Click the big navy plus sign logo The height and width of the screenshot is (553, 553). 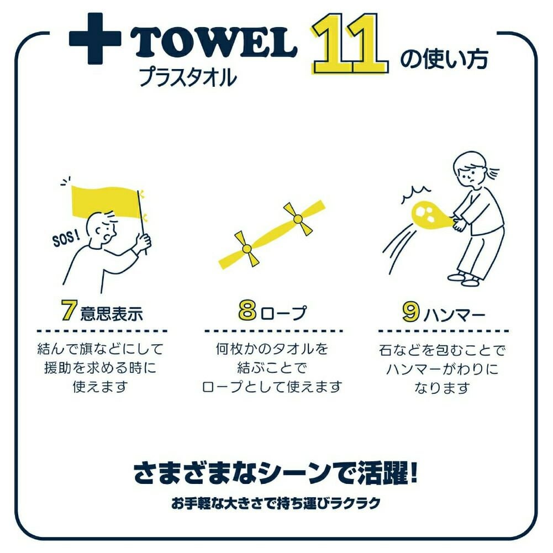pyautogui.click(x=95, y=39)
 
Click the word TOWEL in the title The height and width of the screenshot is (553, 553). pyautogui.click(x=214, y=43)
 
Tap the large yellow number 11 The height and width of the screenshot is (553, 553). pyautogui.click(x=350, y=44)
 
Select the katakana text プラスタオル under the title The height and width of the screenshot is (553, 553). pyautogui.click(x=188, y=77)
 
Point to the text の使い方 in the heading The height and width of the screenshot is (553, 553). pyautogui.click(x=444, y=59)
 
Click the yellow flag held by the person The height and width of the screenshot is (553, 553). pyautogui.click(x=106, y=202)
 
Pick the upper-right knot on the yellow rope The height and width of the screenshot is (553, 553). pyautogui.click(x=298, y=219)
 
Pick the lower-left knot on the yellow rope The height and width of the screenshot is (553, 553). pyautogui.click(x=247, y=249)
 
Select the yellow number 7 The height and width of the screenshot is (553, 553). pyautogui.click(x=69, y=310)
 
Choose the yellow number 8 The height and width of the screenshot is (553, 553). pyautogui.click(x=247, y=310)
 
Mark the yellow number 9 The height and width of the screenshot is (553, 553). pyautogui.click(x=411, y=311)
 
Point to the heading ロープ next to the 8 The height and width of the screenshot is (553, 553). pyautogui.click(x=284, y=313)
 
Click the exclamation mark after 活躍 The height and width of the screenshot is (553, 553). pyautogui.click(x=413, y=472)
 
